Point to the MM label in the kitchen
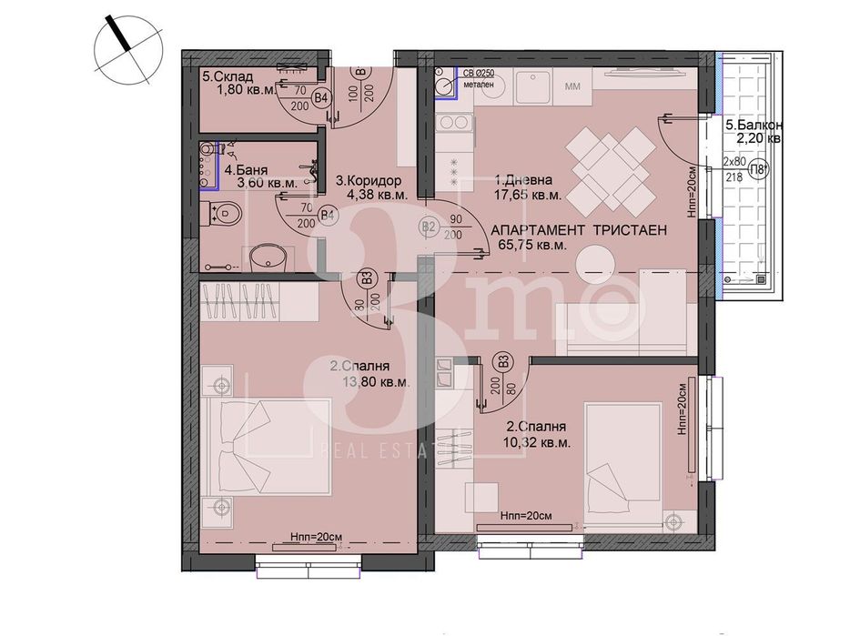point(573,86)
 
